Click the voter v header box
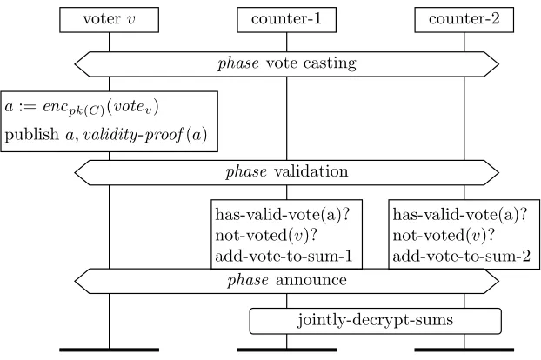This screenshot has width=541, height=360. [109, 20]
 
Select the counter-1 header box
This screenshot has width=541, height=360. [286, 20]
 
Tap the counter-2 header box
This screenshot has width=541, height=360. [464, 20]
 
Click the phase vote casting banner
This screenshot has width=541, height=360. [287, 64]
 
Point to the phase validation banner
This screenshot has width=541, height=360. [287, 172]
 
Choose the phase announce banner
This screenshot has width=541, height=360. [287, 281]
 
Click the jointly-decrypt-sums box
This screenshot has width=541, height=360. [376, 321]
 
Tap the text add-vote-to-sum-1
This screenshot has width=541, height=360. [284, 257]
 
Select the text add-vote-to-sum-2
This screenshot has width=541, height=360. [461, 257]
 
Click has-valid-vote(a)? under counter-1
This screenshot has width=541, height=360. [283, 215]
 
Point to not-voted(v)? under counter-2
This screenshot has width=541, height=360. [444, 236]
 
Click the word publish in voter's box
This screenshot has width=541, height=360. [31, 135]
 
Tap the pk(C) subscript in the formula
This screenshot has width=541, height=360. [86, 111]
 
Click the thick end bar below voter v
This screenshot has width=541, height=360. [109, 350]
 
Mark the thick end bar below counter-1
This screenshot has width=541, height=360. [286, 350]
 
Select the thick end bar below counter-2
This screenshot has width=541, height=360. [464, 350]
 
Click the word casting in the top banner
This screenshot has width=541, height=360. [330, 64]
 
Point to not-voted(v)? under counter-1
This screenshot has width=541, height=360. [265, 236]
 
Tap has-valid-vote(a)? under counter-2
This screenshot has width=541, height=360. [460, 215]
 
